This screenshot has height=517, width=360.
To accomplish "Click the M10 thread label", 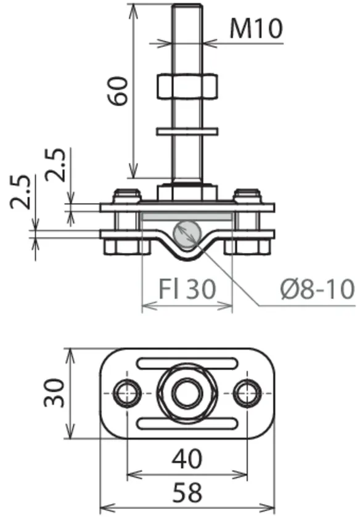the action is point(256,28).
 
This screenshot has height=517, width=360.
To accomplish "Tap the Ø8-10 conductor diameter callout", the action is point(318,289).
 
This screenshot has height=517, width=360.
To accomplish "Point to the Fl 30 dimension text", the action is point(187,289).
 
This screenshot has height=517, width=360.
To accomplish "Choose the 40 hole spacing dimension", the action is point(187,458).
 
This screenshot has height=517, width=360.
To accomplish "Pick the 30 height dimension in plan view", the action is point(55,394).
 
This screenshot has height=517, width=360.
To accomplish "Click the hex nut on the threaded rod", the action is point(187,86).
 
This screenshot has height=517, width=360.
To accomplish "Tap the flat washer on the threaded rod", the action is point(187,131).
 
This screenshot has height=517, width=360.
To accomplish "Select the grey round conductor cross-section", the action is point(187,234).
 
